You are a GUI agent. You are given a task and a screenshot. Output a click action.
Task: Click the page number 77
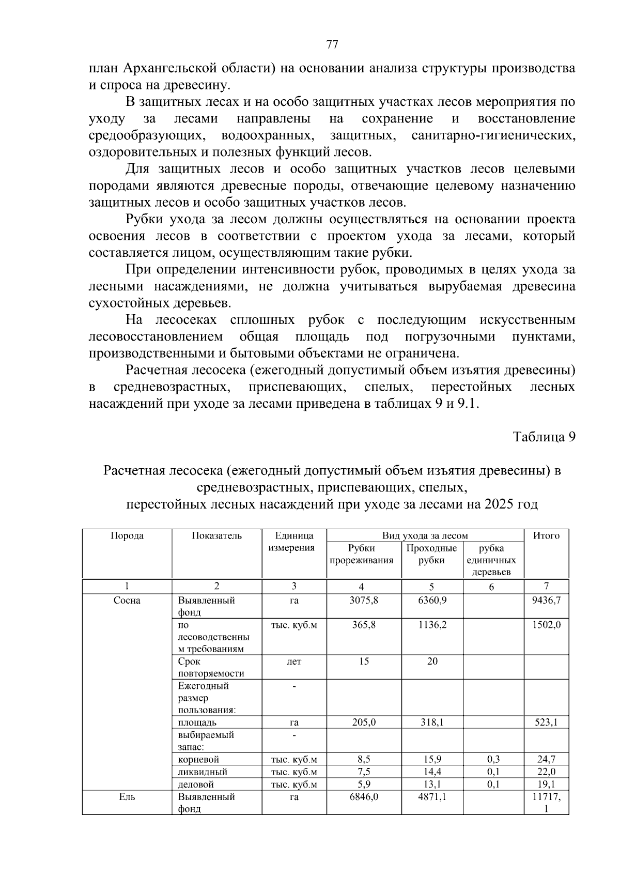(x=332, y=44)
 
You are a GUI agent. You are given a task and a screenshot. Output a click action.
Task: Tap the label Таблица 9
(x=544, y=437)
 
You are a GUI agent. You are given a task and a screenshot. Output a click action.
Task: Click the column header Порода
(x=127, y=536)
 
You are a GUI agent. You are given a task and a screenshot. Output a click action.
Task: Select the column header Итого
(x=546, y=536)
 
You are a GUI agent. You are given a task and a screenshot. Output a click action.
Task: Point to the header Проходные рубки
(x=431, y=554)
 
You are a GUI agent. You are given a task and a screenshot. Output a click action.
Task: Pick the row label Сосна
(x=127, y=601)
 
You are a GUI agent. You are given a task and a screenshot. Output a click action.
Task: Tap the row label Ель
(x=127, y=797)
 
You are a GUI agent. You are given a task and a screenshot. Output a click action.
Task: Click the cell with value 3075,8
(x=364, y=601)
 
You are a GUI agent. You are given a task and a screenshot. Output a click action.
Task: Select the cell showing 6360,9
(x=432, y=601)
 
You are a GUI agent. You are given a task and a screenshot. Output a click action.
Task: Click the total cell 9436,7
(x=547, y=601)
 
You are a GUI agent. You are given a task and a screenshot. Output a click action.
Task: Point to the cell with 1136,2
(x=432, y=625)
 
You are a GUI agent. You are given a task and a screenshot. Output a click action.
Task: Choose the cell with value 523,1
(x=547, y=722)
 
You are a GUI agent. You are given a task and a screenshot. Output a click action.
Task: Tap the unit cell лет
(x=294, y=661)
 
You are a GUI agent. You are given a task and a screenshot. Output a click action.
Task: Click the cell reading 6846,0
(x=364, y=797)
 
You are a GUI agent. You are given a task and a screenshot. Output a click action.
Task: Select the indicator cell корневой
(x=198, y=760)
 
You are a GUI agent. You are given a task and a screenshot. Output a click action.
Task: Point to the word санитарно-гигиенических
(x=493, y=136)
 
